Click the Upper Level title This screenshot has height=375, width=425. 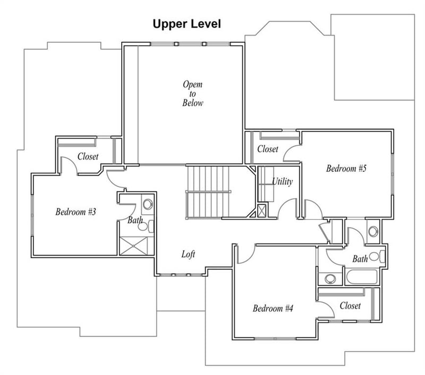(187, 24)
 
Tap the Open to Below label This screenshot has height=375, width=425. (192, 93)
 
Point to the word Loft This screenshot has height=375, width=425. (188, 254)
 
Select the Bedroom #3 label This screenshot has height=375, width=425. (75, 212)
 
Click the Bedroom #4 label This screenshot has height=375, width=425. (273, 308)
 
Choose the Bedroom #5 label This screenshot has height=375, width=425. (346, 169)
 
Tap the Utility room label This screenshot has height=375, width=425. (282, 181)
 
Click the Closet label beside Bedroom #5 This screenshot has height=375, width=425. (268, 149)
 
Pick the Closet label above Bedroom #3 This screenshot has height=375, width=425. (88, 156)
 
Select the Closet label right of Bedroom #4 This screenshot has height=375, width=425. (350, 306)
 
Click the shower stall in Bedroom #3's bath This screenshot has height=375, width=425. (134, 246)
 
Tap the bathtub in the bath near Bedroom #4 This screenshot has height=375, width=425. (362, 277)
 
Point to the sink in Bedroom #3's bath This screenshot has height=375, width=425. (148, 204)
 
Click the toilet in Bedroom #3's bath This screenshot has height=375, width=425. (146, 226)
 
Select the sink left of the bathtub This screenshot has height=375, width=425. (330, 278)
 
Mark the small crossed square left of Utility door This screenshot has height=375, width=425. (261, 211)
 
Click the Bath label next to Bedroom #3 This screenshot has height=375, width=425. (135, 220)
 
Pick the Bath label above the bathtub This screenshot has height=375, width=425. (360, 259)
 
